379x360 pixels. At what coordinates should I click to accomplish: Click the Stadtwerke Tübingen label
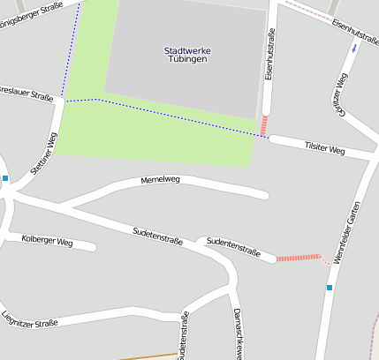pyautogui.click(x=186, y=54)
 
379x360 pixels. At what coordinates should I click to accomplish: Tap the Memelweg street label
pyautogui.click(x=160, y=180)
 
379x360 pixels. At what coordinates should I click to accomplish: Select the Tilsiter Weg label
pyautogui.click(x=323, y=146)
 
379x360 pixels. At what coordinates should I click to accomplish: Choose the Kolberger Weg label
pyautogui.click(x=47, y=240)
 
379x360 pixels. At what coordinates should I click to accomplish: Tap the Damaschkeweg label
pyautogui.click(x=238, y=334)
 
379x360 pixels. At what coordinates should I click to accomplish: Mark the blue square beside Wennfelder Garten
pyautogui.click(x=330, y=288)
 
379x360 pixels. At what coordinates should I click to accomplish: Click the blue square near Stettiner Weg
pyautogui.click(x=5, y=178)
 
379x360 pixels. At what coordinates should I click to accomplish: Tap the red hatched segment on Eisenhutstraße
pyautogui.click(x=264, y=125)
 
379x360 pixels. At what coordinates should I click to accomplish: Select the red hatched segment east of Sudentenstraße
pyautogui.click(x=298, y=258)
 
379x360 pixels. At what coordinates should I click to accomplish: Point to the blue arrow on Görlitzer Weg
pyautogui.click(x=355, y=47)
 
